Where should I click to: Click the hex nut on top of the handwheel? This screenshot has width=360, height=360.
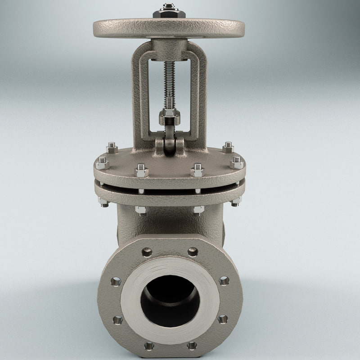[x=169, y=11]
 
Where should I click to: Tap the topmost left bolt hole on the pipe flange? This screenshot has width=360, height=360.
[x=147, y=252]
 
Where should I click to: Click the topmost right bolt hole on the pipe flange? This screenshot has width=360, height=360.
[x=193, y=252]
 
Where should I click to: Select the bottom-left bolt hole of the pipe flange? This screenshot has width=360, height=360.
[x=149, y=346]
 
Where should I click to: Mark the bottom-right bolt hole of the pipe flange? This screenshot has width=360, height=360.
[x=192, y=346]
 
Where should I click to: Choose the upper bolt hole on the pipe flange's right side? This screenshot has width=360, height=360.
[x=224, y=281]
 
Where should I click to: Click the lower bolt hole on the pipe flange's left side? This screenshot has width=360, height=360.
[x=117, y=320]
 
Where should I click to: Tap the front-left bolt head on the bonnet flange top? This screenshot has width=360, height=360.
[x=141, y=171]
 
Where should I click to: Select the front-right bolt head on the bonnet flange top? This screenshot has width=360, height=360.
[x=197, y=171]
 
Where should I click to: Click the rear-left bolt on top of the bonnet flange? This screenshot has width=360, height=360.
[x=112, y=148]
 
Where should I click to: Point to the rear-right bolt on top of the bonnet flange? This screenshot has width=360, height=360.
[x=228, y=148]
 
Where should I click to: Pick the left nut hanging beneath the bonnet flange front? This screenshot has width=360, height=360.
[x=140, y=210]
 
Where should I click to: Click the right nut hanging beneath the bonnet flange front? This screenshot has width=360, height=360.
[x=198, y=210]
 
